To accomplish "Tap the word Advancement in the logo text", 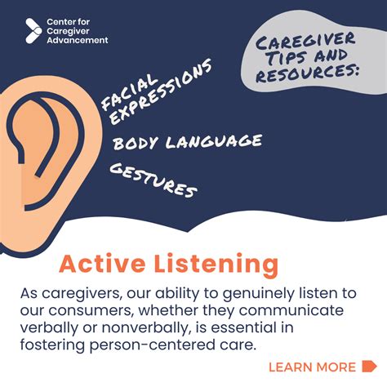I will tap(78, 39).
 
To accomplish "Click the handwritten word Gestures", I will tap(153, 180).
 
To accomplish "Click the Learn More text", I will tap(312, 367).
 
